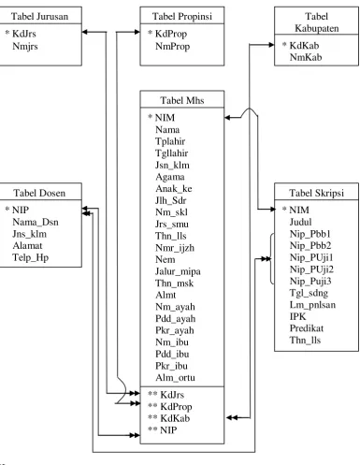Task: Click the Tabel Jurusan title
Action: (39, 16)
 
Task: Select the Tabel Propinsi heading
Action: (182, 16)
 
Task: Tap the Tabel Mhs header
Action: (182, 100)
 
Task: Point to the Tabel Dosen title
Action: (39, 193)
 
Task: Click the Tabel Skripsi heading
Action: (316, 193)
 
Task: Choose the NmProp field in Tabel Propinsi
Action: (172, 47)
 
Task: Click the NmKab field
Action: (306, 57)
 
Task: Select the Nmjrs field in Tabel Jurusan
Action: (25, 47)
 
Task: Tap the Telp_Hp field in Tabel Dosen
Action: (30, 258)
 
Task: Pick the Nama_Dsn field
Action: (36, 222)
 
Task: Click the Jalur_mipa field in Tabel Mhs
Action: (178, 271)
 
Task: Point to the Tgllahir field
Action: (171, 153)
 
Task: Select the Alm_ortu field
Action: (175, 378)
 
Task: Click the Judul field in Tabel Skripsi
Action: (300, 222)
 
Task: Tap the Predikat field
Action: (307, 328)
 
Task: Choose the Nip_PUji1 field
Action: (311, 257)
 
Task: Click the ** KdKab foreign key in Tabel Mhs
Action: (168, 418)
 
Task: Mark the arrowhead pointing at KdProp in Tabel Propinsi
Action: (137, 32)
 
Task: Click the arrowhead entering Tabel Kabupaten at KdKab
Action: (271, 45)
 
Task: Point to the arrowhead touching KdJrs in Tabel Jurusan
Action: (85, 32)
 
